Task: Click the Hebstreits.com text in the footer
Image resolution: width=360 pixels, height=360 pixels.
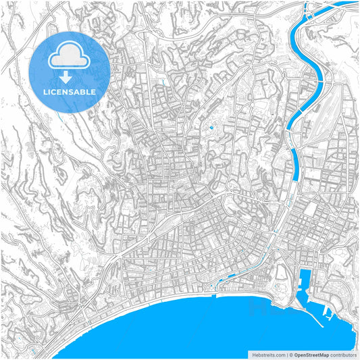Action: click(x=267, y=355)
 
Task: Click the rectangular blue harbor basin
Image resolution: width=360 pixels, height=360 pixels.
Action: click(x=303, y=281)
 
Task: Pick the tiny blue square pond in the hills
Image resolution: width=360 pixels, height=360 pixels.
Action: click(x=211, y=126)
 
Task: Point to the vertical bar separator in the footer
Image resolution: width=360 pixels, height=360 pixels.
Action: click(x=287, y=355)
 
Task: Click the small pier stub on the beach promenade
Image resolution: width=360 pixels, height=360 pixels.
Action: click(x=213, y=296)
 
